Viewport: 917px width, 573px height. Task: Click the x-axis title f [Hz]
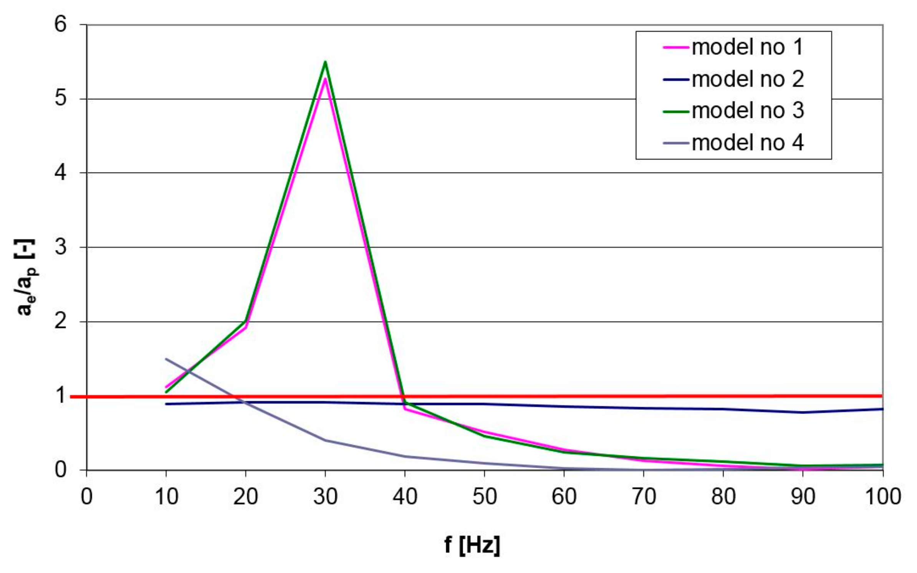click(472, 545)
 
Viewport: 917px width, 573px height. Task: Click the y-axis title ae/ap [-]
click(26, 277)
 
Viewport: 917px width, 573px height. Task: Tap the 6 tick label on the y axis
click(60, 25)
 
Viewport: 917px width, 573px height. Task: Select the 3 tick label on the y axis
click(60, 247)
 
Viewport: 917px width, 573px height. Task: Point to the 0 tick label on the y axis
click(60, 470)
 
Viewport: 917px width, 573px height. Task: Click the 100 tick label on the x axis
click(882, 497)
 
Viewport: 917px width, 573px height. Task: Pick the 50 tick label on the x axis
click(485, 497)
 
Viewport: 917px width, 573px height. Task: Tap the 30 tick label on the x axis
click(325, 497)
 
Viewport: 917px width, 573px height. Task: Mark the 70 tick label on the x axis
click(644, 497)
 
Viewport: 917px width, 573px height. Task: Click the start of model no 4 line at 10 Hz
click(166, 359)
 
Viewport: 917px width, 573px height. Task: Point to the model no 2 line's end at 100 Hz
click(882, 409)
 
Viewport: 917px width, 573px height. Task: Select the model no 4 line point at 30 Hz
click(325, 440)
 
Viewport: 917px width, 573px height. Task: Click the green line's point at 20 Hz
click(246, 321)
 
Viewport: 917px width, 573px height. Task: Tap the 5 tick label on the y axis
click(60, 99)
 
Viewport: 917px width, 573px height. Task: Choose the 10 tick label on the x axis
click(166, 497)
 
